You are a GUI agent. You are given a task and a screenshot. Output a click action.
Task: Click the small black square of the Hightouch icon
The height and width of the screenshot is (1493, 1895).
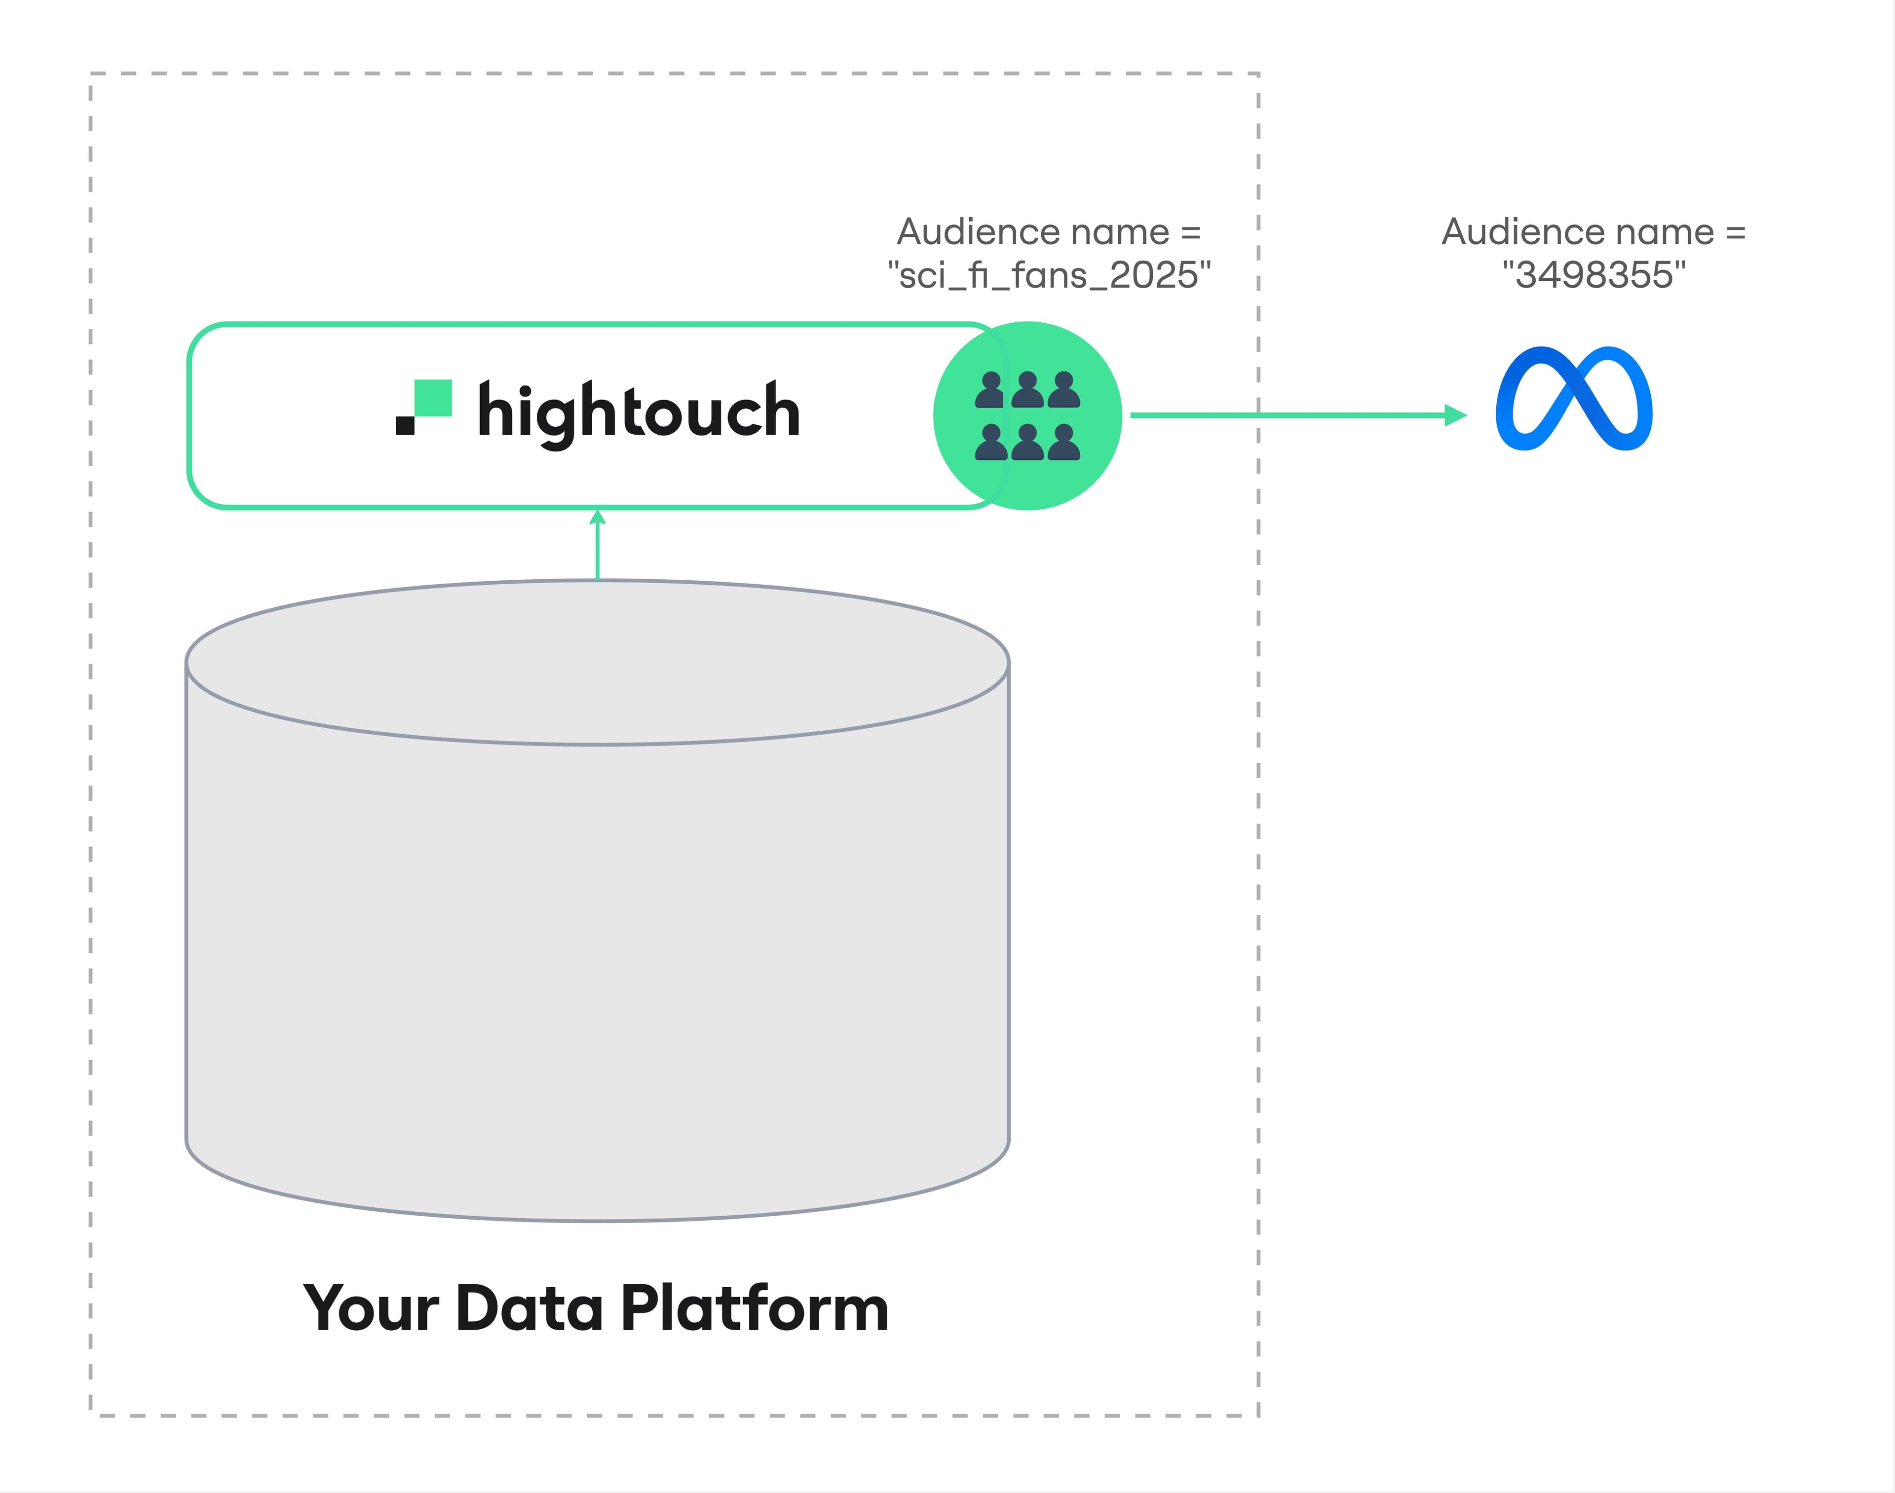tap(405, 425)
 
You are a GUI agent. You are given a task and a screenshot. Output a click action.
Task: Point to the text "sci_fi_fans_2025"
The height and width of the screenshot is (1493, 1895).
tap(1049, 275)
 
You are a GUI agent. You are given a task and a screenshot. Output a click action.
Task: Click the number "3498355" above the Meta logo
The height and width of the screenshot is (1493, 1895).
tap(1593, 275)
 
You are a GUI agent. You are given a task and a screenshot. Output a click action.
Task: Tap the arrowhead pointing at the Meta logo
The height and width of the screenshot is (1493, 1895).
tap(1455, 415)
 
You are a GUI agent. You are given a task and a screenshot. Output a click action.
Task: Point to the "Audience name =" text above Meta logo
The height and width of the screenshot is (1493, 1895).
tap(1593, 232)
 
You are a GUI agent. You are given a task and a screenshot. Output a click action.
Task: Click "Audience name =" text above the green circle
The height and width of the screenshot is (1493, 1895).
tap(1049, 232)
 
